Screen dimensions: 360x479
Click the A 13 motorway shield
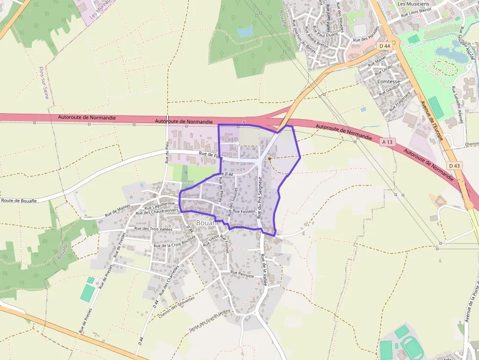(x=387, y=142)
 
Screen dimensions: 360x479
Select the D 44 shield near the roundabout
(x=385, y=45)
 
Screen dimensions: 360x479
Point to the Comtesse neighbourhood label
(x=389, y=82)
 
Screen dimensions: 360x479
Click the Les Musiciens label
(x=410, y=4)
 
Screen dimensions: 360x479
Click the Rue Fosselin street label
(x=244, y=212)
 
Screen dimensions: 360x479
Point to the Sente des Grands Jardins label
(x=210, y=321)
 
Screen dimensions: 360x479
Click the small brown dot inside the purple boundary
(x=269, y=158)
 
